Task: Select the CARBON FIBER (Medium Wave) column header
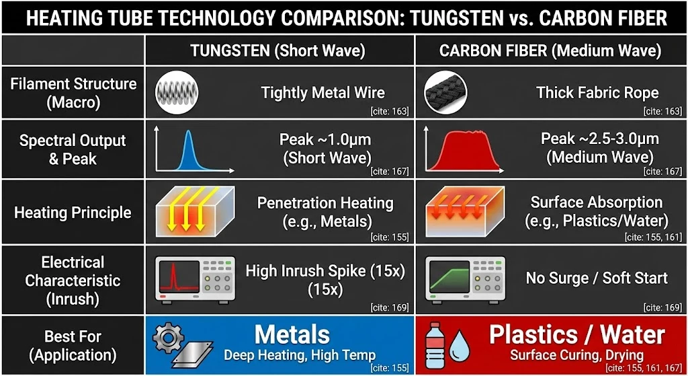(550, 50)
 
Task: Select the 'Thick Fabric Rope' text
(597, 93)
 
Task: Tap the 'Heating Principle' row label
(73, 213)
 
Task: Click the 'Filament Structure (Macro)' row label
(73, 93)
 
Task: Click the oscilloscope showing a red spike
(194, 278)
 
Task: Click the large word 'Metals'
(292, 335)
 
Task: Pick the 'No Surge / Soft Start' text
(597, 278)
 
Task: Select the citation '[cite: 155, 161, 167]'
(643, 369)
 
